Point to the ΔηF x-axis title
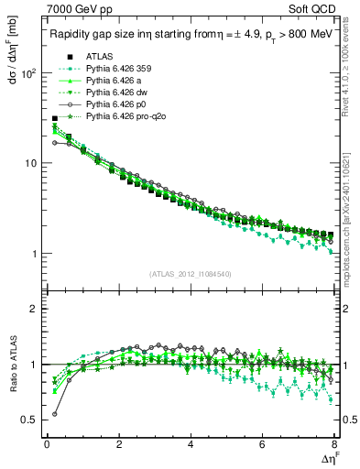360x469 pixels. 327,459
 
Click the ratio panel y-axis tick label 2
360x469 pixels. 34,309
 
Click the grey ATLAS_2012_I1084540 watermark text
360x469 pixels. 191,273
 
